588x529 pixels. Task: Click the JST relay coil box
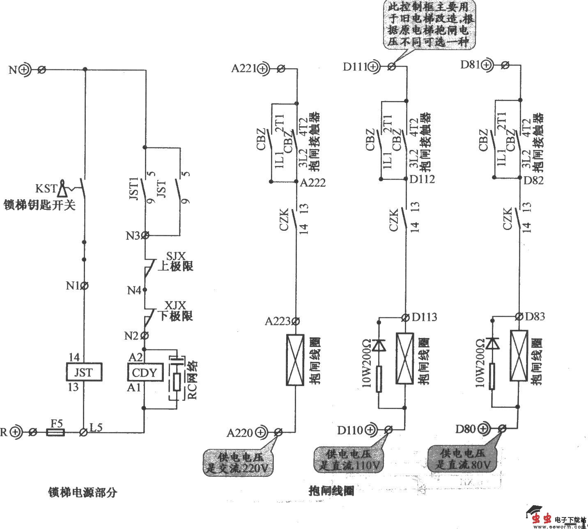[84, 373]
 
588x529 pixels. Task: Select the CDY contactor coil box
[144, 373]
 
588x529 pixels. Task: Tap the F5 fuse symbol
[55, 432]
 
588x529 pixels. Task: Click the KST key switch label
[46, 189]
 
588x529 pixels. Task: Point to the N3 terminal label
[133, 236]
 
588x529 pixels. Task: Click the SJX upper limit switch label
[175, 256]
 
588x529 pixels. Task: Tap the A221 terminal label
[243, 69]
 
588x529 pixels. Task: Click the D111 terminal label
[355, 66]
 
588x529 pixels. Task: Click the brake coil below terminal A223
[295, 360]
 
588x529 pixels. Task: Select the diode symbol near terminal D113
[379, 345]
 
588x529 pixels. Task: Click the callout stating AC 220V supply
[239, 462]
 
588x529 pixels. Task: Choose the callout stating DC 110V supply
[349, 459]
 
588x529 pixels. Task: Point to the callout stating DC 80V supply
[462, 459]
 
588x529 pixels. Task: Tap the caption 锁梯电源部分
[83, 492]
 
